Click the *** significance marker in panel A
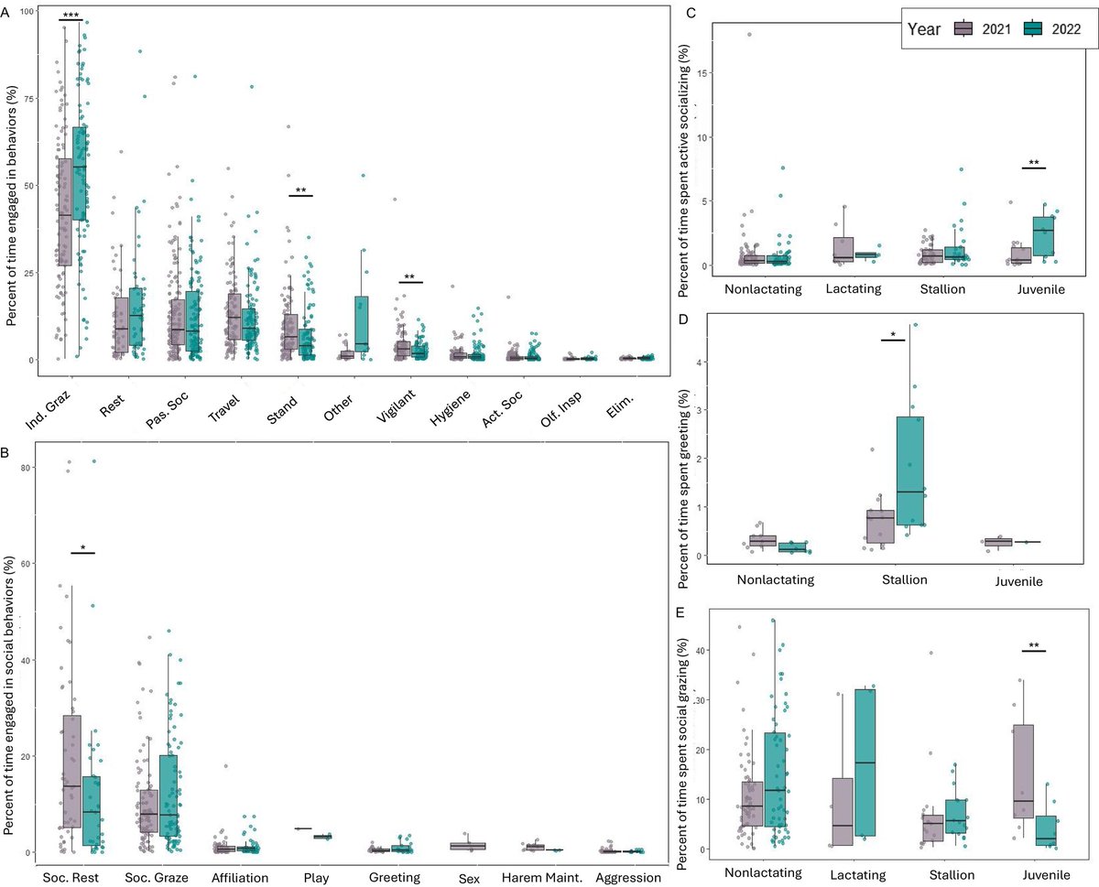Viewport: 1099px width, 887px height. tap(71, 14)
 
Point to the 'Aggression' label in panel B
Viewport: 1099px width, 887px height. tap(626, 877)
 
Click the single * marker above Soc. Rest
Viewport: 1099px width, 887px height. tap(82, 547)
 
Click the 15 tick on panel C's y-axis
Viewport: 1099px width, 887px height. tap(704, 73)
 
